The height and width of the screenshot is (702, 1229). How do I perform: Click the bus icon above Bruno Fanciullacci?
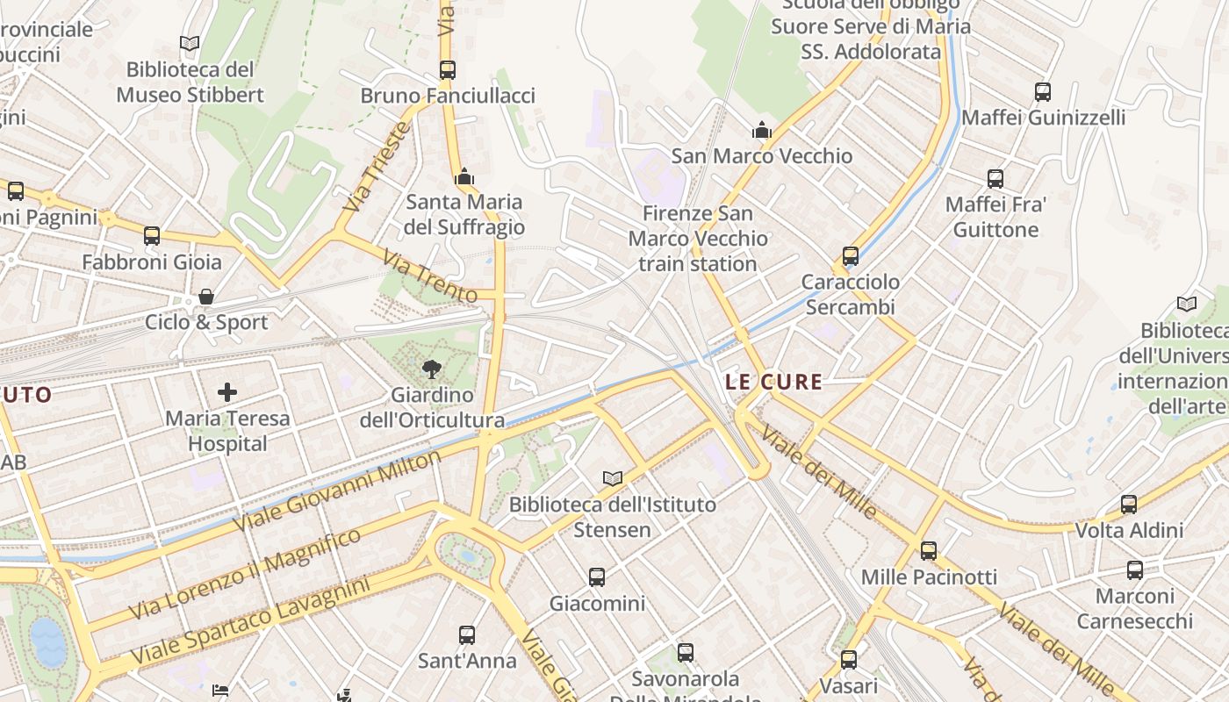(448, 69)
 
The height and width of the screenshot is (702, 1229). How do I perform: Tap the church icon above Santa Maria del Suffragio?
(464, 176)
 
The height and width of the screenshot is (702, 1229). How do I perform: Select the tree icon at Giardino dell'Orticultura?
(430, 369)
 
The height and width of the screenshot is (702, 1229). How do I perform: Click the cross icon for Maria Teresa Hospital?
(227, 391)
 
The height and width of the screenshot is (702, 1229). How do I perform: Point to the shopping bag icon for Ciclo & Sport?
(206, 297)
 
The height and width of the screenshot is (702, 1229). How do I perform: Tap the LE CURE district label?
(774, 382)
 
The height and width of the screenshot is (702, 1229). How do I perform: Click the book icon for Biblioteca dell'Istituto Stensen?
(613, 478)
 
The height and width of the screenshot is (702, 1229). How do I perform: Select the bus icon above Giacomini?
(597, 577)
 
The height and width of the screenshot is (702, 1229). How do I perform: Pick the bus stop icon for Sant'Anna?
(467, 634)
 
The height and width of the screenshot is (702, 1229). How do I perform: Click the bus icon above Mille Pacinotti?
(929, 550)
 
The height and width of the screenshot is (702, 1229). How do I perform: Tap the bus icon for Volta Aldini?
(1129, 505)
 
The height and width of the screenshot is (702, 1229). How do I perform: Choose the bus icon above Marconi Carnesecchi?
(1135, 570)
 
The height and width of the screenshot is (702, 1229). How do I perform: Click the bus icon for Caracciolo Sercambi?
(850, 256)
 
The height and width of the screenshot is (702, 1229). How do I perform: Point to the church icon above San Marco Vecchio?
(761, 131)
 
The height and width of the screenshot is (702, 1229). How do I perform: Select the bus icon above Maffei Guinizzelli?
(1043, 91)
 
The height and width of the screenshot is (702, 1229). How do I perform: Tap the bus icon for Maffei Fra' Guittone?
(995, 179)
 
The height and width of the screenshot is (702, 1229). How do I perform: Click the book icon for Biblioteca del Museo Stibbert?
(190, 43)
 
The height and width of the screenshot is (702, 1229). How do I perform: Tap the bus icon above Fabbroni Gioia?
(152, 235)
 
